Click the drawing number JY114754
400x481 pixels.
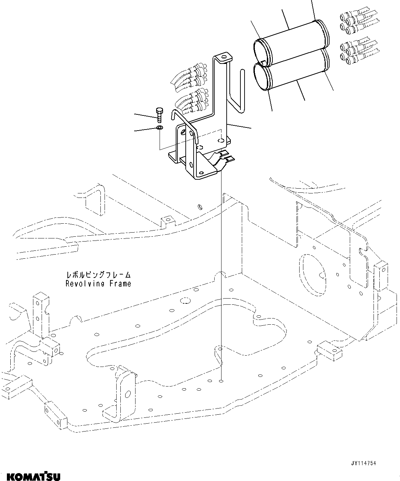(364, 463)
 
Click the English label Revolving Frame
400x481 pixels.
(98, 284)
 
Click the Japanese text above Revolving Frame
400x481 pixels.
(98, 275)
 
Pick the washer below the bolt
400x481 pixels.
(160, 128)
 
